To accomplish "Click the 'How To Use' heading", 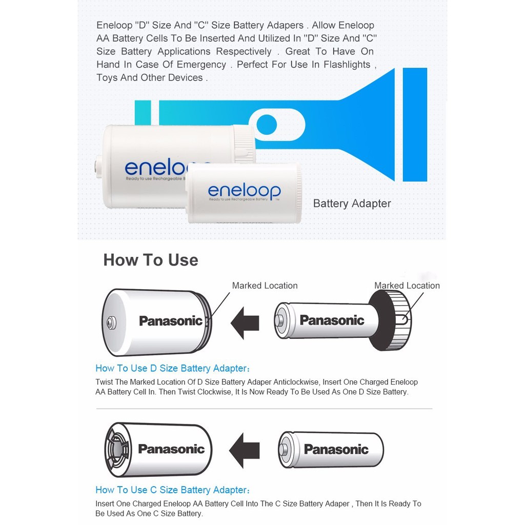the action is click(x=151, y=260).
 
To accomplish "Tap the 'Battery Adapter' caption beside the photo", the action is click(x=352, y=204).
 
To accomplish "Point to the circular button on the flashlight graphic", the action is click(x=267, y=125).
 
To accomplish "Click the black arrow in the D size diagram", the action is click(x=245, y=323).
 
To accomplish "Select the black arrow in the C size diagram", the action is click(x=245, y=450).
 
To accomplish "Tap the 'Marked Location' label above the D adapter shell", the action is click(x=265, y=286).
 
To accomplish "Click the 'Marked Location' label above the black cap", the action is click(x=407, y=286).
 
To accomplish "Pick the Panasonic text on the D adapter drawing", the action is click(x=171, y=321).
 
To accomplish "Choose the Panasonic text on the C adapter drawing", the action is click(x=171, y=449).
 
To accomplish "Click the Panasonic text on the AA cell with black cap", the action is click(x=332, y=320).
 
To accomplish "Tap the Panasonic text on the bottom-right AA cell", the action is click(x=336, y=449).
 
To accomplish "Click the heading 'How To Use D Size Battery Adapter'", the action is click(x=172, y=368).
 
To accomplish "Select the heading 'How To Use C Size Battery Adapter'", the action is click(x=172, y=490).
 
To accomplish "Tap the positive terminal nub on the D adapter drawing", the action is click(x=111, y=323).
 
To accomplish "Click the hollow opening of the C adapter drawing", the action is click(x=117, y=450).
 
